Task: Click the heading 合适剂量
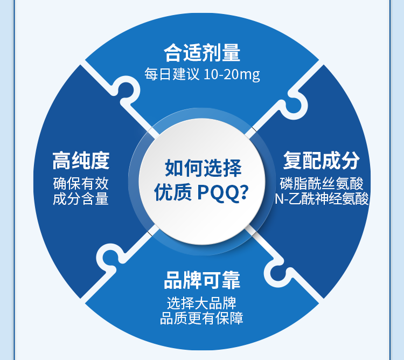pos(202,53)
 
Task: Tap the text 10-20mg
pos(232,74)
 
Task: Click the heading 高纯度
pos(81,160)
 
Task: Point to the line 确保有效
pos(81,183)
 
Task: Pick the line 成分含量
pos(81,199)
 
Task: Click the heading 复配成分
pos(322,160)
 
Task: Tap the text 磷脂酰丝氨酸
pos(322,183)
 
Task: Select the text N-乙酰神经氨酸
pos(322,199)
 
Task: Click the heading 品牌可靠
pos(202,281)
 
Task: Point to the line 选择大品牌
pos(202,303)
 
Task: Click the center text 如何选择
pos(203,168)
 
